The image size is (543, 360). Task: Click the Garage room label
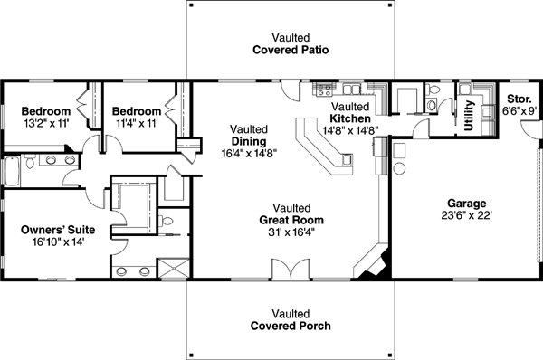tap(466, 203)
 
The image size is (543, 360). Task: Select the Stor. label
tap(518, 98)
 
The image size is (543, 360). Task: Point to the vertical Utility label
tap(469, 116)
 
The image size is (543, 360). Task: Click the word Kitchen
tap(348, 118)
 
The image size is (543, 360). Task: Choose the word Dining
tap(247, 141)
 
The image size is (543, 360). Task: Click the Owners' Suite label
tap(58, 230)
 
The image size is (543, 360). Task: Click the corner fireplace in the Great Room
tap(375, 263)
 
